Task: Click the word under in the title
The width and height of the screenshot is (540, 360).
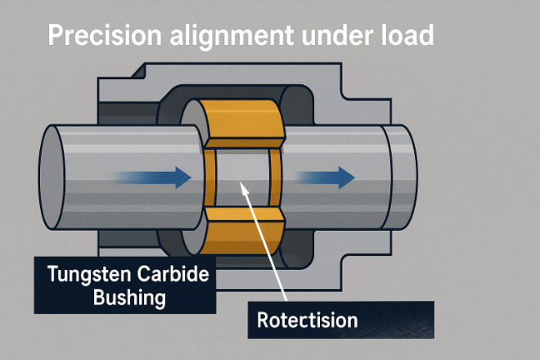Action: pyautogui.click(x=331, y=38)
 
